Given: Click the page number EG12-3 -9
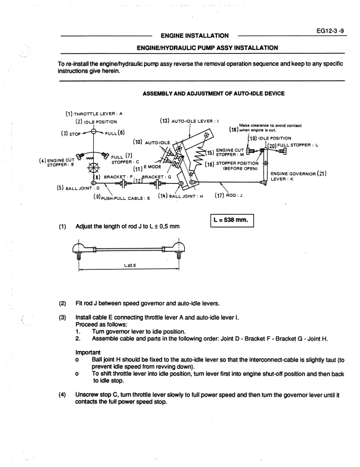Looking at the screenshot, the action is [x=330, y=31].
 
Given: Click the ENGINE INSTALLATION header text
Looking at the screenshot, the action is [x=195, y=36].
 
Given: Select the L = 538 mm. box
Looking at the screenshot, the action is [x=232, y=220].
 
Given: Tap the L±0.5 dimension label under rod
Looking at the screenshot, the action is [x=129, y=265].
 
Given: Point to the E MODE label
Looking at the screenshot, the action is [x=152, y=167].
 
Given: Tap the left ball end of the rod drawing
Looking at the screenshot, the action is [x=80, y=248].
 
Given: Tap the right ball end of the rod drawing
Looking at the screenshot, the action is [x=179, y=248].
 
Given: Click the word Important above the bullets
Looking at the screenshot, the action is [x=88, y=353].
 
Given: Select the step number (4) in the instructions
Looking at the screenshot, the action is [x=62, y=395].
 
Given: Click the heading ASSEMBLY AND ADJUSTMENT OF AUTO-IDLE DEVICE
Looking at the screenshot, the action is [x=214, y=94].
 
